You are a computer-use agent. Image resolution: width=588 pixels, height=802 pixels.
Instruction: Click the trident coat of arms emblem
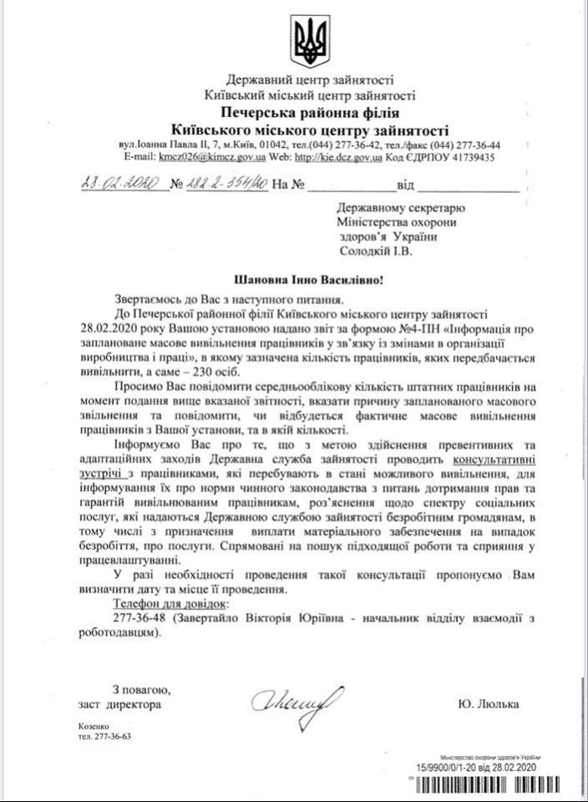point(310,42)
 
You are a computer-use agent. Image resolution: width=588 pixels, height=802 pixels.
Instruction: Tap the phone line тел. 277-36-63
point(98,738)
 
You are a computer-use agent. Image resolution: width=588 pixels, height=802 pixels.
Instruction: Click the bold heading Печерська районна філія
point(310,112)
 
